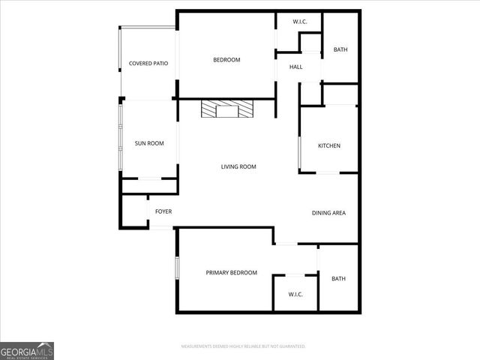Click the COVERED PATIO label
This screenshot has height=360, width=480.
pyautogui.click(x=148, y=64)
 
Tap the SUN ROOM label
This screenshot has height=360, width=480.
pyautogui.click(x=149, y=143)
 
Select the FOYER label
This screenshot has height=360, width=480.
pyautogui.click(x=163, y=211)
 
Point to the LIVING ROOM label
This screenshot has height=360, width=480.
pyautogui.click(x=238, y=166)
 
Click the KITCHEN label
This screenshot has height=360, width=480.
pyautogui.click(x=329, y=145)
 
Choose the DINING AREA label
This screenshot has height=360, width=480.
pyautogui.click(x=328, y=213)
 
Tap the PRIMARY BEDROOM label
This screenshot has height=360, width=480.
pyautogui.click(x=232, y=272)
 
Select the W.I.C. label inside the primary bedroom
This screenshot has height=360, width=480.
pyautogui.click(x=295, y=294)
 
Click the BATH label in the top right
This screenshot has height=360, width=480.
pyautogui.click(x=340, y=50)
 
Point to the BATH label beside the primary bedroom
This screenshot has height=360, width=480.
pyautogui.click(x=339, y=279)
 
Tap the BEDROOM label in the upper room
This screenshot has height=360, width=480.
pyautogui.click(x=226, y=60)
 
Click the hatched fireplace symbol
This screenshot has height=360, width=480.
pyautogui.click(x=227, y=111)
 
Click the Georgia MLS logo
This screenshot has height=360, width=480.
pyautogui.click(x=27, y=350)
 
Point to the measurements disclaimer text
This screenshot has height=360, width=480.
pyautogui.click(x=244, y=346)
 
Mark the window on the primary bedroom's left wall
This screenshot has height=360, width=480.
pyautogui.click(x=177, y=269)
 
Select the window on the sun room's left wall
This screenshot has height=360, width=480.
pyautogui.click(x=120, y=139)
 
